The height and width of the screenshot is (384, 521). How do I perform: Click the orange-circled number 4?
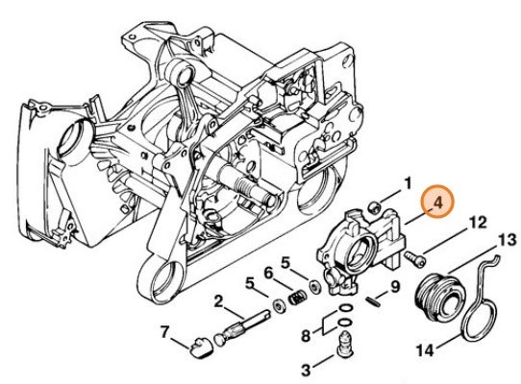point(436,204)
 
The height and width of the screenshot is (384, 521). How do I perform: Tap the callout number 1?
point(407,182)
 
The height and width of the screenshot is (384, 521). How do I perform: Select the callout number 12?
point(477,225)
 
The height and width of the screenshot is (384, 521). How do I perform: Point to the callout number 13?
point(505,238)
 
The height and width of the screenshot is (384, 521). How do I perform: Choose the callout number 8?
point(306,336)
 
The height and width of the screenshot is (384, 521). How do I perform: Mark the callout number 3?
point(305,369)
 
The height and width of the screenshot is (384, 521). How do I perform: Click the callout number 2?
point(219,302)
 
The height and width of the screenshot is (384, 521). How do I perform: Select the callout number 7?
point(165,332)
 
